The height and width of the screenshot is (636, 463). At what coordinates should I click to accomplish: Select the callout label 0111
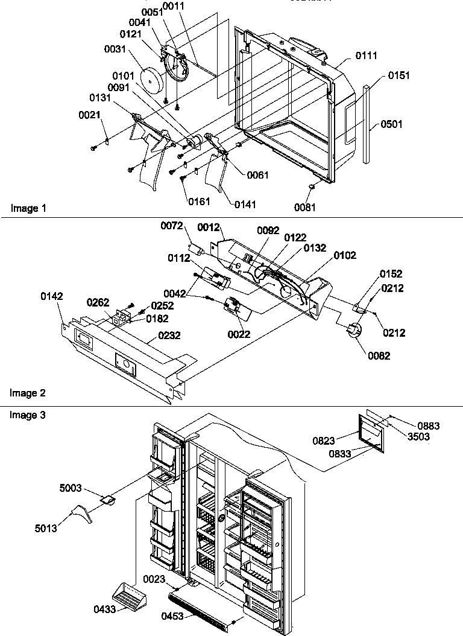(x=367, y=56)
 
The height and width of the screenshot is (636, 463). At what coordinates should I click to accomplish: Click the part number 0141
(x=245, y=205)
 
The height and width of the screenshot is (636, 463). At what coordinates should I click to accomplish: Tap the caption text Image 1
(x=28, y=208)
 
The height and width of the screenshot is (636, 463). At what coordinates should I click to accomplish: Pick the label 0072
(x=172, y=226)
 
